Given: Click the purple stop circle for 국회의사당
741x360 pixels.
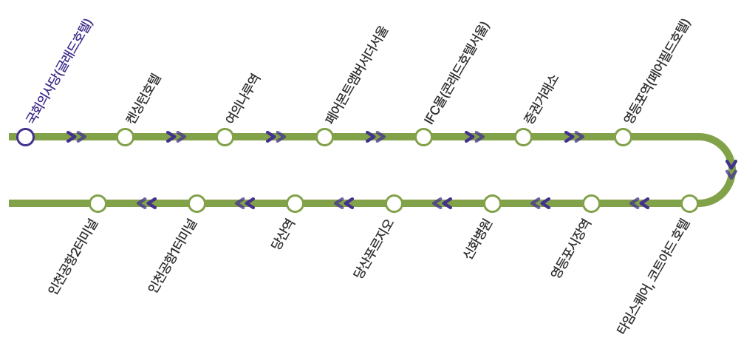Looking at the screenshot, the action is pyautogui.click(x=26, y=137).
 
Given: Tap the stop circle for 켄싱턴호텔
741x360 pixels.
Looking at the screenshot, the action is pyautogui.click(x=125, y=137).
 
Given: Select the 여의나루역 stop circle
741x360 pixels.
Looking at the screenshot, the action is pyautogui.click(x=225, y=137).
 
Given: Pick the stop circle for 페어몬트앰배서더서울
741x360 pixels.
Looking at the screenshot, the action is pyautogui.click(x=324, y=137).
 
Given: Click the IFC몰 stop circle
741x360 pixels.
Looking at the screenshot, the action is pyautogui.click(x=423, y=137).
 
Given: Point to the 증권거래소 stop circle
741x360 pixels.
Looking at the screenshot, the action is pyautogui.click(x=523, y=137).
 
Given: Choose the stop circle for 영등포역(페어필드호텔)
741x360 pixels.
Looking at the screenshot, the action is pyautogui.click(x=623, y=137).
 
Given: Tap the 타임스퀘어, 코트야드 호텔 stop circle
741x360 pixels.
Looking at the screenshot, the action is pyautogui.click(x=689, y=203).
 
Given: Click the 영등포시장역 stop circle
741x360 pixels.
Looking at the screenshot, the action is pyautogui.click(x=591, y=203).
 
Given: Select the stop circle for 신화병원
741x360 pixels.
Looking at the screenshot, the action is pyautogui.click(x=492, y=203).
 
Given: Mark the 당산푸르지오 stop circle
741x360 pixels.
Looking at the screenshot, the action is pyautogui.click(x=394, y=203).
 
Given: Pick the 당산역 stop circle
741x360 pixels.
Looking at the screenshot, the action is pyautogui.click(x=295, y=203).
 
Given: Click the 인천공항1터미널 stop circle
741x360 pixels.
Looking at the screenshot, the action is pyautogui.click(x=197, y=203).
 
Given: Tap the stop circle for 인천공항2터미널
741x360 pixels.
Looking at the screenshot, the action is pyautogui.click(x=98, y=203).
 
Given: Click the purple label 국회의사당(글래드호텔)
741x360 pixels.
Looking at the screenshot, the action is pyautogui.click(x=59, y=70).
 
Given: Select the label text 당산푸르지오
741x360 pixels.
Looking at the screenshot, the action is pyautogui.click(x=373, y=249).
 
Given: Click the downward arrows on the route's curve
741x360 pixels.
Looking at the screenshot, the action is pyautogui.click(x=731, y=169).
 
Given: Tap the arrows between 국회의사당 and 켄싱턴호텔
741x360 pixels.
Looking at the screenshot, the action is pyautogui.click(x=76, y=137).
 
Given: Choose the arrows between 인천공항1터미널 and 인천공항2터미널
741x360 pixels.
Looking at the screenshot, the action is pyautogui.click(x=147, y=203).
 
